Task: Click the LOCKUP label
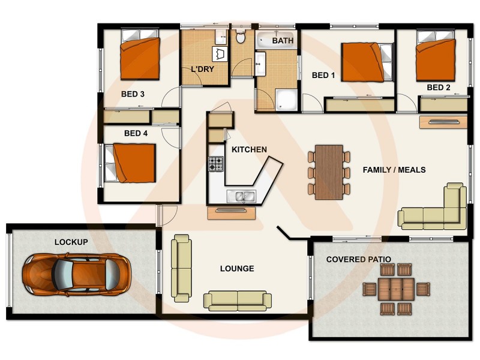(71, 242)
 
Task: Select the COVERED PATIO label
(358, 259)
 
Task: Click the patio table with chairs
(397, 289)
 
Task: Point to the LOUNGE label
(237, 268)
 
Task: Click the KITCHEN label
(249, 149)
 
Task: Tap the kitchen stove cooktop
(216, 163)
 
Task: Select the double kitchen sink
(241, 196)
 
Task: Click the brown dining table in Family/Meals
(329, 172)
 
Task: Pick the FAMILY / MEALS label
(394, 170)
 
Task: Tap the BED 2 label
(439, 88)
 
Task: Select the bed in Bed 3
(140, 58)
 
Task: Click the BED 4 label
(136, 133)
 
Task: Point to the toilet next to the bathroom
(241, 38)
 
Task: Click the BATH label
(283, 41)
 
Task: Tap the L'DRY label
(203, 69)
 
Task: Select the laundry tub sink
(221, 53)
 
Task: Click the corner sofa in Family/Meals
(434, 210)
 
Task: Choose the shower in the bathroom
(287, 100)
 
